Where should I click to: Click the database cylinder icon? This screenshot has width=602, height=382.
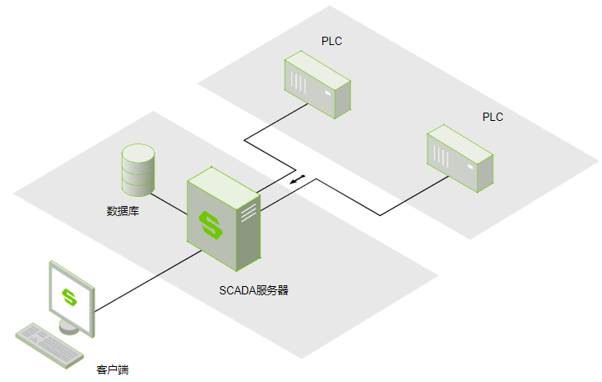139,169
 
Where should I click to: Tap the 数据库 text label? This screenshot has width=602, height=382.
123,211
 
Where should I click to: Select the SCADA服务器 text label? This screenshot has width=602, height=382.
254,290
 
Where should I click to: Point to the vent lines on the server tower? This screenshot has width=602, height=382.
248,214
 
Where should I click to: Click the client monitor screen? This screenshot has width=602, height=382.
70,296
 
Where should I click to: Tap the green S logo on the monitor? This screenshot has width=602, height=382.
70,297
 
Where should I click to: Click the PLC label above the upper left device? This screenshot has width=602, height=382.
331,41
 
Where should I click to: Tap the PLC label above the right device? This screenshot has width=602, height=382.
493,117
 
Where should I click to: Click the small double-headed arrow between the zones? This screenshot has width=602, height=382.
297,179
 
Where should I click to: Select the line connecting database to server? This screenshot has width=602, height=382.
170,201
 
